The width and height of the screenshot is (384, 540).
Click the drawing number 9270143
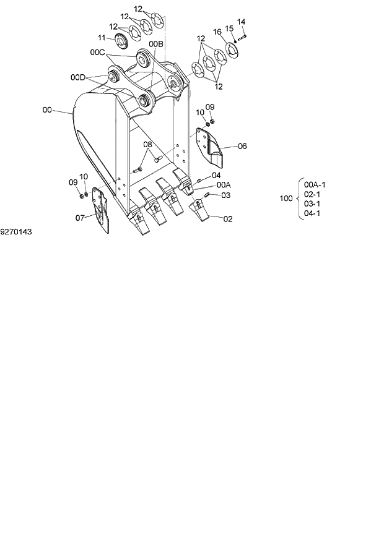(x=16, y=232)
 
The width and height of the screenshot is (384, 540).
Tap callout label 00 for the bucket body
(x=47, y=110)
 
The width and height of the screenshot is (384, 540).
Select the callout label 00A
(x=224, y=185)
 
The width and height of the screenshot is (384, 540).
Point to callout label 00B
(x=156, y=45)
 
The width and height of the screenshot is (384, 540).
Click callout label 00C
(x=98, y=53)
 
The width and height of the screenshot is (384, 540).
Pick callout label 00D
(x=77, y=77)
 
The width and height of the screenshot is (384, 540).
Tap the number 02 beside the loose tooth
(x=228, y=219)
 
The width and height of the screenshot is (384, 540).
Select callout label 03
(x=225, y=195)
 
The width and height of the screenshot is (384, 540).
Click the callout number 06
(x=242, y=146)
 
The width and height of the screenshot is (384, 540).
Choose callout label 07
(x=80, y=218)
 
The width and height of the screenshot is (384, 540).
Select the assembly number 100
(x=286, y=199)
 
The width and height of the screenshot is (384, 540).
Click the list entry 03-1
(x=312, y=204)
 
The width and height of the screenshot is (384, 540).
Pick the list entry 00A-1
(x=315, y=184)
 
